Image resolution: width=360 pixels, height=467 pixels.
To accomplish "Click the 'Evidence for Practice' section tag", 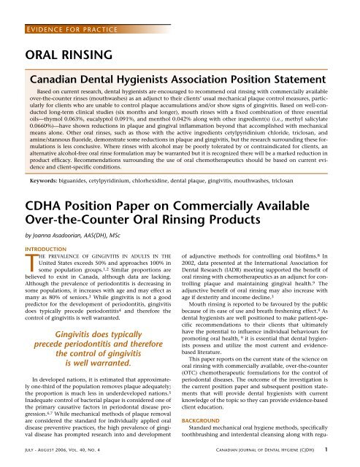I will click(x=61, y=9).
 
